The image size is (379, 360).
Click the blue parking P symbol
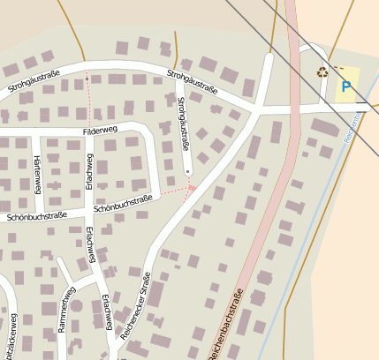point(346,87)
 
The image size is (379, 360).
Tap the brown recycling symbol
point(322,72)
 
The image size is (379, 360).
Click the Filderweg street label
point(100,131)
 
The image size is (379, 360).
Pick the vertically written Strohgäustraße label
point(183,123)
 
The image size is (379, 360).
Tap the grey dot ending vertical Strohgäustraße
point(187,172)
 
